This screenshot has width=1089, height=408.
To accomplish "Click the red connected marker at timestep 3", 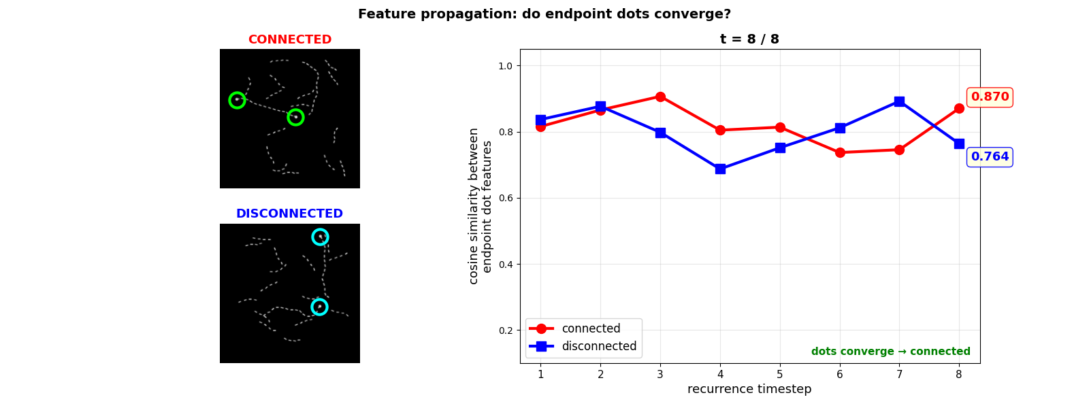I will pos(660,97).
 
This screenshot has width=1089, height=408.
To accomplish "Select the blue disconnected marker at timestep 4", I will pos(720,169).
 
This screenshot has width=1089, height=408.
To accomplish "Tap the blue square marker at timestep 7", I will pos(899,101).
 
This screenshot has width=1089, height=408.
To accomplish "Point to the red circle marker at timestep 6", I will pos(840,152).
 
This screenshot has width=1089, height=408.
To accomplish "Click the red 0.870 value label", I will pos(990,97).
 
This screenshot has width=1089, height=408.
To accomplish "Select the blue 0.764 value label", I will pos(990,157).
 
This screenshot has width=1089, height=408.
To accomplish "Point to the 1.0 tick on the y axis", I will pos(505,66).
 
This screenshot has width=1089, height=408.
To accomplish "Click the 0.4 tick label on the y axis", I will pos(505,265).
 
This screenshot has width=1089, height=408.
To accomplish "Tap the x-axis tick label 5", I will pos(780,374).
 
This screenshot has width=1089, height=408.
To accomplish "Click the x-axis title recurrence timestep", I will pos(749,389).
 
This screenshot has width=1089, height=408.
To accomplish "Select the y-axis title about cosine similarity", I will pos(481,206).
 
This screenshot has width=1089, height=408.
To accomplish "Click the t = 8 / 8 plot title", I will pos(749,39).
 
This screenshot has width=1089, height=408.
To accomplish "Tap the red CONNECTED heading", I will pos(290,39).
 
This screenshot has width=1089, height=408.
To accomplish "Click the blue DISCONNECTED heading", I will pos(289,214).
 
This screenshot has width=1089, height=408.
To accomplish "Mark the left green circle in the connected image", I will pos(237,100).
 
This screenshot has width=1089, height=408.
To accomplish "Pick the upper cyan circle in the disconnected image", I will pos(320,237).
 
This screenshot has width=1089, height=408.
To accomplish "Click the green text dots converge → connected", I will pos(890,352).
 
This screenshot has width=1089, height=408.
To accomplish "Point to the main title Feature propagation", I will pos(544,14).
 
